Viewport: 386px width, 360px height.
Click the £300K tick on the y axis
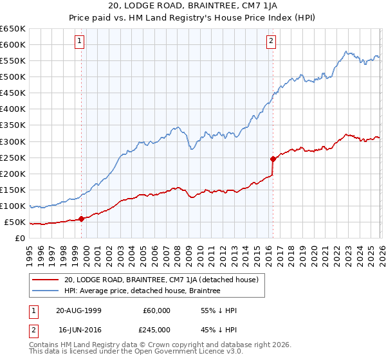point(13,141)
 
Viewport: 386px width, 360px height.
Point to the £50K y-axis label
point(15,222)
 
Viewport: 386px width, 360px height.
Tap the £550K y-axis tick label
point(13,61)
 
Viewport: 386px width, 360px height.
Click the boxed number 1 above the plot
point(79,42)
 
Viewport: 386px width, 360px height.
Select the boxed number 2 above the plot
point(271,42)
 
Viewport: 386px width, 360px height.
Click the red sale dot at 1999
point(82,219)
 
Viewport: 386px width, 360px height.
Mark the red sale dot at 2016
point(273,158)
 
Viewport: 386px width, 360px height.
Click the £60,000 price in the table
point(157,310)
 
